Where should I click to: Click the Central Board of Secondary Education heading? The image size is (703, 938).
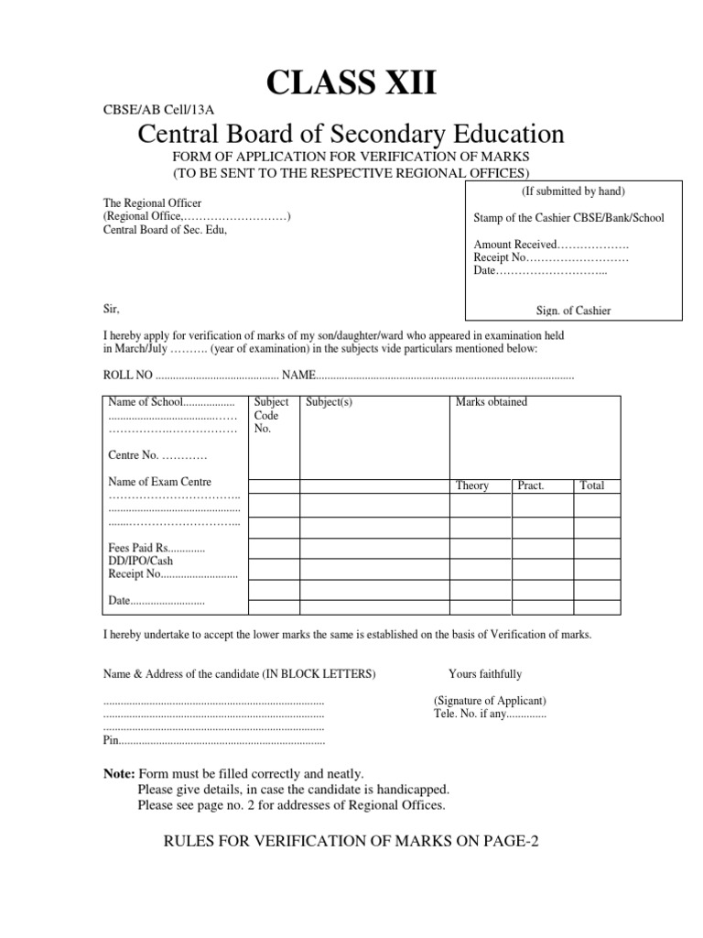click(351, 135)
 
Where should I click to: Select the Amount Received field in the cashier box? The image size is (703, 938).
click(551, 245)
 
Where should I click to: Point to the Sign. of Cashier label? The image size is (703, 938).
click(573, 311)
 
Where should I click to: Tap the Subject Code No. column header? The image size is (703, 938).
click(272, 415)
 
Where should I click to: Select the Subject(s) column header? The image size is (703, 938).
click(329, 402)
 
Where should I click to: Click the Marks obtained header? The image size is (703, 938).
click(491, 402)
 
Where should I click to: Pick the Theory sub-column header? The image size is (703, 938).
click(472, 485)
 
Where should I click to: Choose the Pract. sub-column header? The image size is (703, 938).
click(531, 485)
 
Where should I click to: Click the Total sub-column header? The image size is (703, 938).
click(592, 485)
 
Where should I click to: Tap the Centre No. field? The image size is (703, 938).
click(157, 455)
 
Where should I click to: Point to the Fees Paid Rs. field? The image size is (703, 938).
click(157, 548)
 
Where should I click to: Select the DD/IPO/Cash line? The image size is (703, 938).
click(140, 561)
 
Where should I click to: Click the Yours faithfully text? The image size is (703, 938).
click(485, 674)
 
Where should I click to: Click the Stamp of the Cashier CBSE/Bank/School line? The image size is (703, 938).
click(568, 218)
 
